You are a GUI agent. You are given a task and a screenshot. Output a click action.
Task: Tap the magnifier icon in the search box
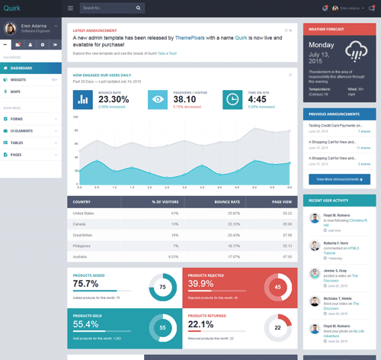139,8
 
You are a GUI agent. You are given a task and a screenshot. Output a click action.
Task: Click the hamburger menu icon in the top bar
70,8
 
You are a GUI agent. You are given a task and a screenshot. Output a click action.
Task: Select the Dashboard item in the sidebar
26,68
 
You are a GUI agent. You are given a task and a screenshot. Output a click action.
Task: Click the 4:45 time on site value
258,99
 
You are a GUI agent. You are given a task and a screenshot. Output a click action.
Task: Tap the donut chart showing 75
162,288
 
